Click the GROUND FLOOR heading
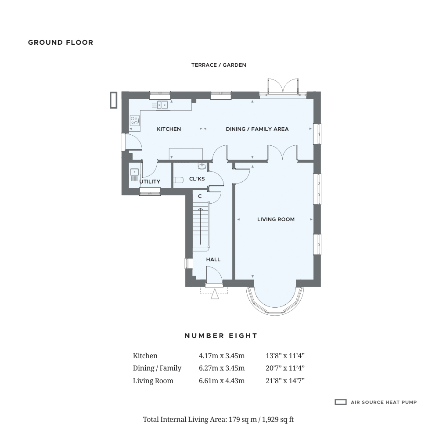point(61,43)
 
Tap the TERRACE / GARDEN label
point(219,65)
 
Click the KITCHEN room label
point(169,129)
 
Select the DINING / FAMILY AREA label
point(257,129)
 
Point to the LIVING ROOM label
point(276,219)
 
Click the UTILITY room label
point(150,181)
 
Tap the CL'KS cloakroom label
point(197,179)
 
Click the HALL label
point(213,259)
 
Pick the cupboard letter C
point(200,196)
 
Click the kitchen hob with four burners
point(135,121)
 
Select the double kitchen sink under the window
point(163,105)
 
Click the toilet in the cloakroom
point(178,180)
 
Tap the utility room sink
point(134,172)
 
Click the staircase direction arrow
point(201,226)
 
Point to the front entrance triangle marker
point(215,294)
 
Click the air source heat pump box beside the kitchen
point(113,100)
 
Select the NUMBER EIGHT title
point(221,336)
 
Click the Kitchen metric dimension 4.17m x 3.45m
point(222,356)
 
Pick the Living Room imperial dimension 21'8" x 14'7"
point(285,381)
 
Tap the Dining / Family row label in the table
point(157,368)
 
